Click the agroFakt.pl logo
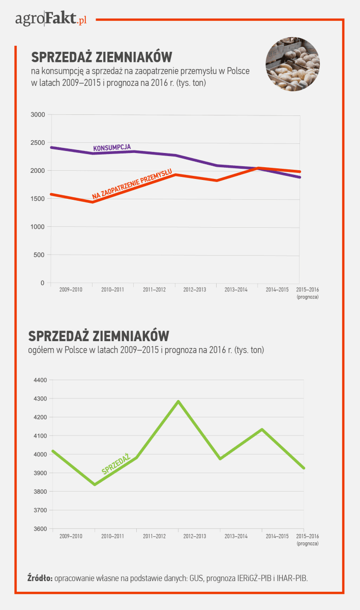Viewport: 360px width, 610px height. (51, 20)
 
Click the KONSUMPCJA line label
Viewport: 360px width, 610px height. (112, 147)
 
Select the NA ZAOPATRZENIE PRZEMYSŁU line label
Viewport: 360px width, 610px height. (132, 184)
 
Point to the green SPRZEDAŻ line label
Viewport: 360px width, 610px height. (116, 465)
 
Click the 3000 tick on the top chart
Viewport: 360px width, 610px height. (38, 115)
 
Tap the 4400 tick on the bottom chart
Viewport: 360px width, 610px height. (40, 380)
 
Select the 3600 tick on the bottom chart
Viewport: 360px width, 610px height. (40, 529)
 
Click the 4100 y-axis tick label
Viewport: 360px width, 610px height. (40, 436)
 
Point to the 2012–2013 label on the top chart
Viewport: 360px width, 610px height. (195, 290)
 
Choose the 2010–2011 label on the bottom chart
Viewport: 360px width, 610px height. (112, 536)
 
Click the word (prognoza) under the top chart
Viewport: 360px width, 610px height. (308, 296)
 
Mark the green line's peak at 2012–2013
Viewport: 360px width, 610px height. (178, 401)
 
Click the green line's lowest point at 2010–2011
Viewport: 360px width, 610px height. (95, 484)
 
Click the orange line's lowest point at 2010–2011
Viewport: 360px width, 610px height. (93, 202)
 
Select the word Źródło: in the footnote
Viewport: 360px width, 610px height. (40, 578)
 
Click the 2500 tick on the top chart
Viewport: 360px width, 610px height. (38, 143)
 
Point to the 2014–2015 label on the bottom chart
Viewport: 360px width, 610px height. (278, 536)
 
